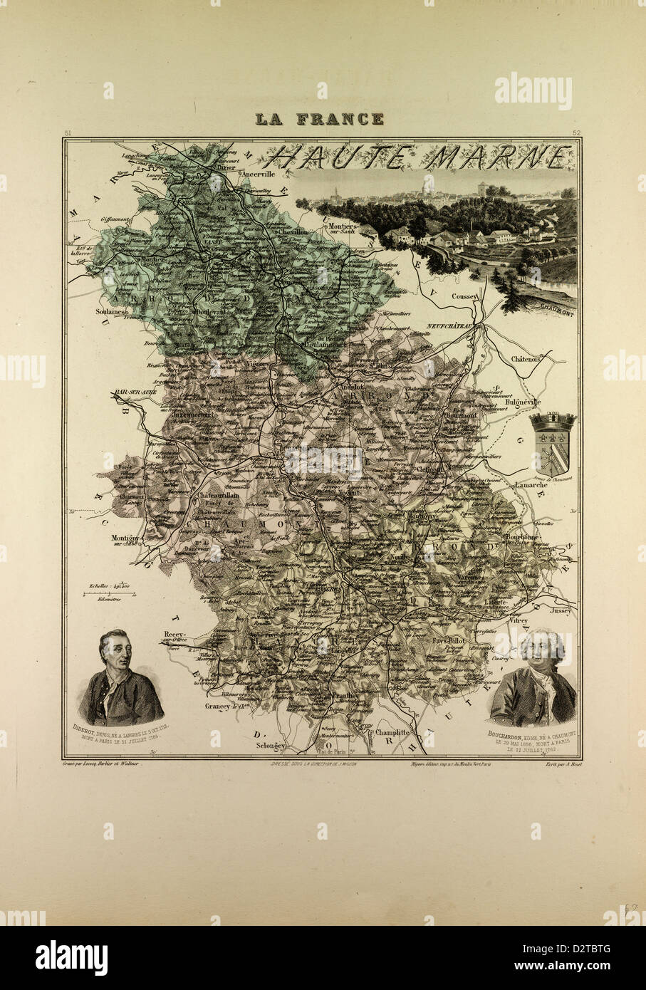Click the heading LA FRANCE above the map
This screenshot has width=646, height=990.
[320, 119]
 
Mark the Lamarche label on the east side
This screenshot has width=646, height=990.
[531, 485]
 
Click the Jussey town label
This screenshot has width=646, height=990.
[560, 610]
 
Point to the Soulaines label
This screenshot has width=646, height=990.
[108, 311]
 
